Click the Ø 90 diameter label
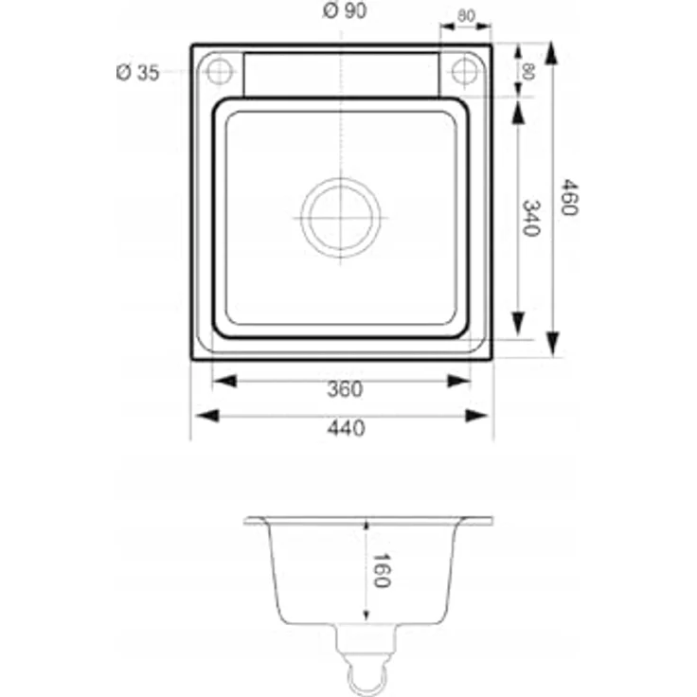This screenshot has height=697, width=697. tap(345, 10)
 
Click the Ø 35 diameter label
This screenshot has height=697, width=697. tap(137, 73)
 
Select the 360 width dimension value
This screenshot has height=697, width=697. tap(345, 389)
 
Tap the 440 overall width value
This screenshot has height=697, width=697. tap(347, 428)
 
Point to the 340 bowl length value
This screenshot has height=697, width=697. tap(531, 218)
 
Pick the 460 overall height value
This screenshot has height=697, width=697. tap(569, 197)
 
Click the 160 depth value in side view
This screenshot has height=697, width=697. tap(382, 570)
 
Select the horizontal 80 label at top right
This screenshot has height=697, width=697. tap(466, 16)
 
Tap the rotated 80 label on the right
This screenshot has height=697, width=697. tap(527, 71)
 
